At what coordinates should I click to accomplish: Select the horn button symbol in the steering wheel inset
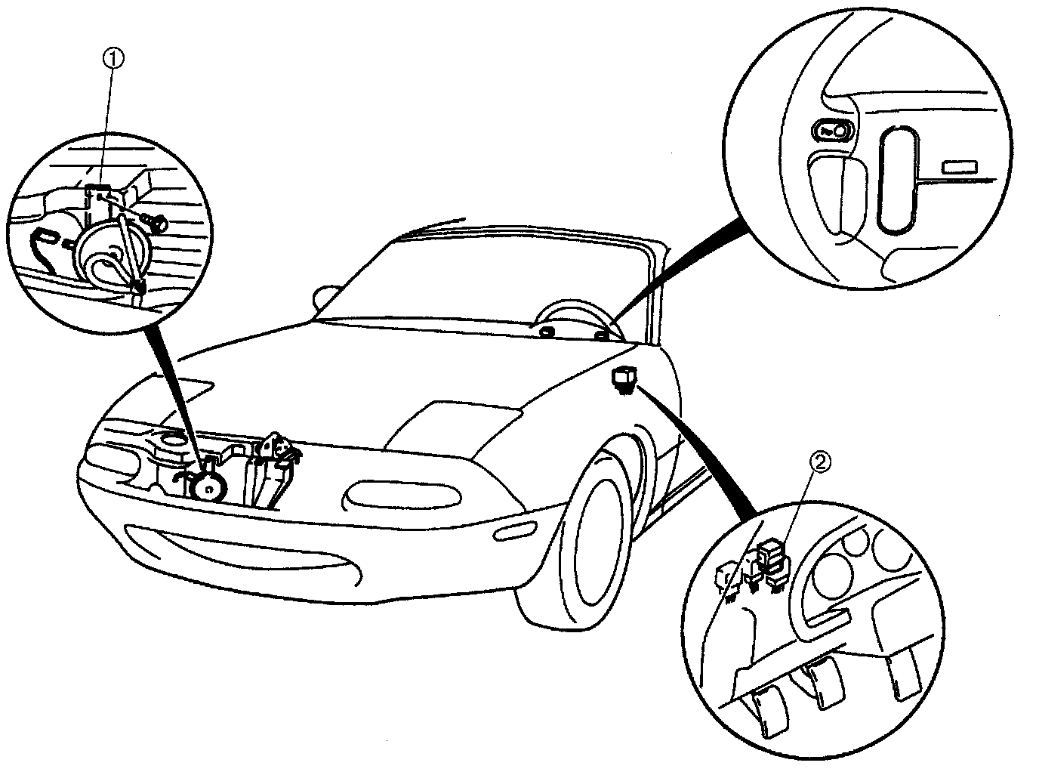point(834,131)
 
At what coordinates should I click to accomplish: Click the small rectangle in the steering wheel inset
point(960,168)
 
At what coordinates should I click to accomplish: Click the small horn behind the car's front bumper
point(206,486)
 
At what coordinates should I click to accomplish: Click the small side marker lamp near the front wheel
point(515,530)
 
